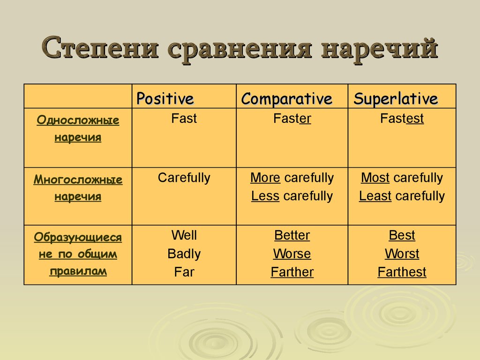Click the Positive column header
(165, 99)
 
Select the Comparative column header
(286, 99)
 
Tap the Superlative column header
(396, 99)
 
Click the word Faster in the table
(292, 119)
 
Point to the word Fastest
(402, 119)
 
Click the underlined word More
(265, 178)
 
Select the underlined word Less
(265, 196)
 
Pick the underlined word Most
(375, 178)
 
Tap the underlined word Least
(375, 196)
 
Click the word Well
(184, 235)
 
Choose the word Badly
(184, 254)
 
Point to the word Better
(292, 235)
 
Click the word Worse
(292, 254)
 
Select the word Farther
(292, 272)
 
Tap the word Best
(402, 235)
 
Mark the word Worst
(402, 254)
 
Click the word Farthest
(402, 272)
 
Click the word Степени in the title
(100, 48)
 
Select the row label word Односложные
(78, 120)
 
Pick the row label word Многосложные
(78, 180)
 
